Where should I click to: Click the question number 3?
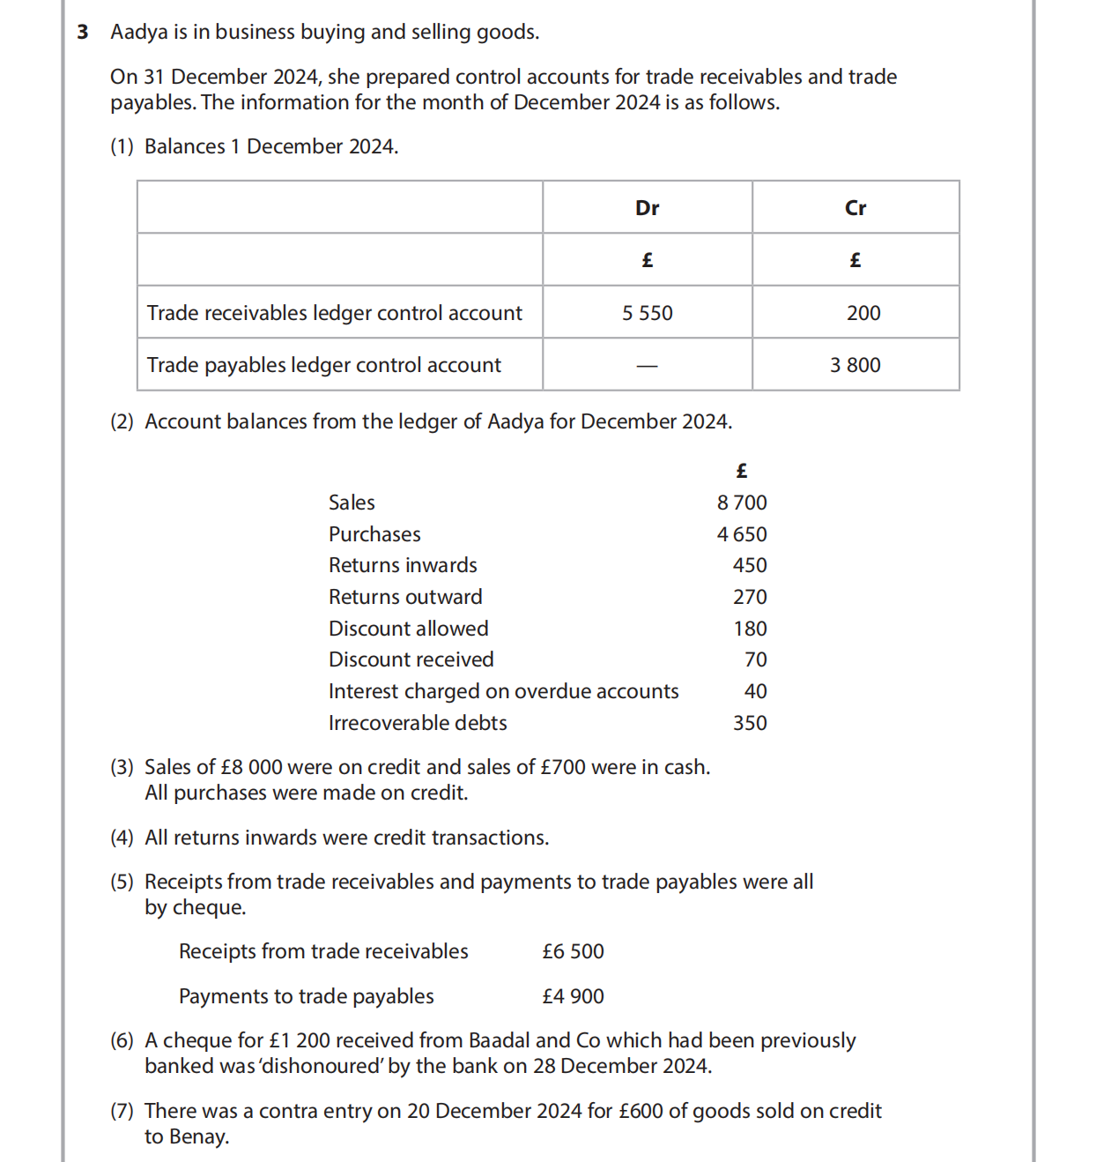click(83, 33)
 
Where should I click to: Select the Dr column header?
click(647, 208)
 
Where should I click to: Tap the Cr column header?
click(855, 208)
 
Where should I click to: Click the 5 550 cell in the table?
click(647, 313)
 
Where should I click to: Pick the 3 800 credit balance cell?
click(855, 365)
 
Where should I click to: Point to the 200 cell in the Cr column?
click(863, 313)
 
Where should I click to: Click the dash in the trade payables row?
click(647, 366)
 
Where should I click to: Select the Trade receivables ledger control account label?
click(334, 313)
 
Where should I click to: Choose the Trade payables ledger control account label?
click(323, 365)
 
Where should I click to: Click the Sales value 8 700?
click(742, 503)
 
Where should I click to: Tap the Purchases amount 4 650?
click(742, 534)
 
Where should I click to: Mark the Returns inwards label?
click(403, 565)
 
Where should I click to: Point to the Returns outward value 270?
click(750, 597)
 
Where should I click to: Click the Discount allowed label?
click(408, 629)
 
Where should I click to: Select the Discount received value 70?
click(755, 659)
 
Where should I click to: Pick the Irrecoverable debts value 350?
click(750, 723)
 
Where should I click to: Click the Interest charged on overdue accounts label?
click(503, 691)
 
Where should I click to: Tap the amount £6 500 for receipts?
click(573, 951)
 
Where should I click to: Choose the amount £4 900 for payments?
click(573, 996)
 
